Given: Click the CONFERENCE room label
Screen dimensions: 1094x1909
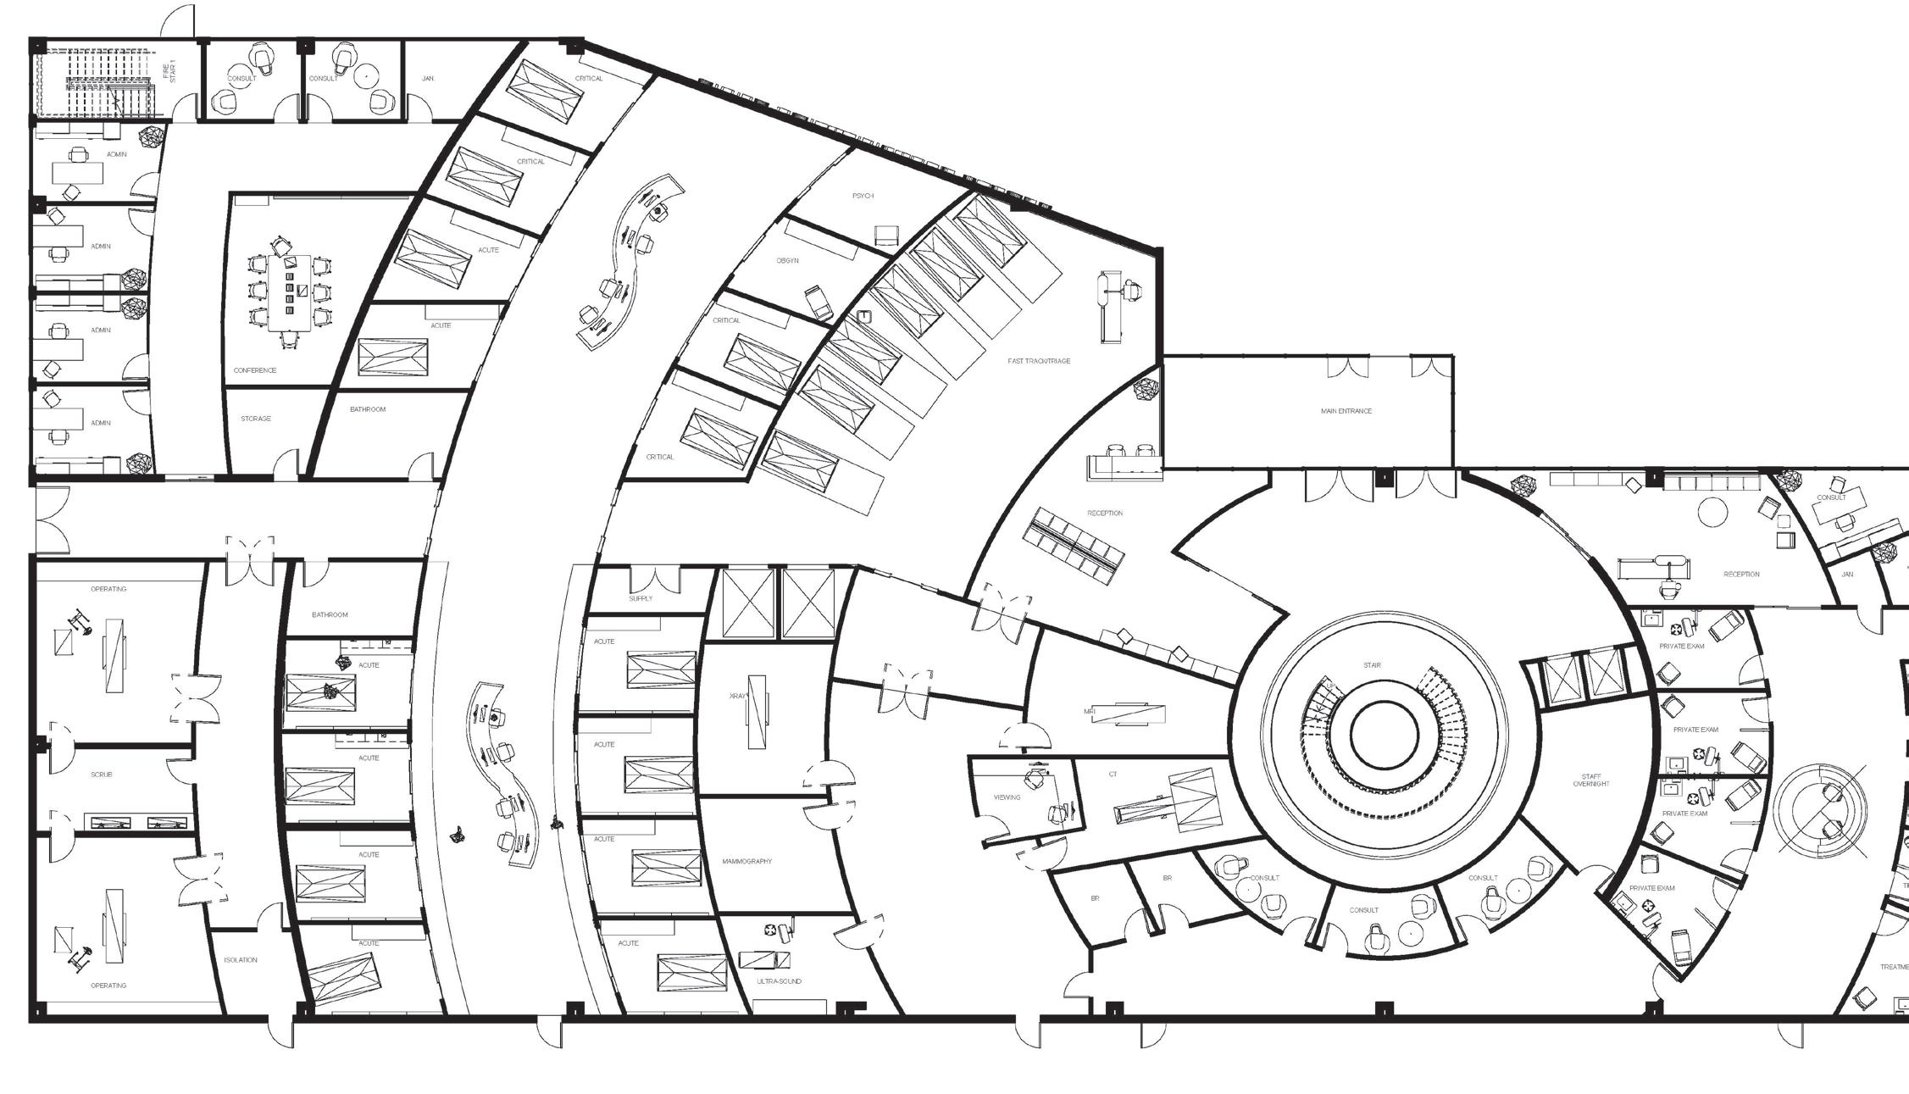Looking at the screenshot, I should pos(255,370).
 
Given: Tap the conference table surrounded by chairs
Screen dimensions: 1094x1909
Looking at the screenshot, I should pos(290,292).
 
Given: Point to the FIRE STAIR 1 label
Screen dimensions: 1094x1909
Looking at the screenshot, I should pos(169,72).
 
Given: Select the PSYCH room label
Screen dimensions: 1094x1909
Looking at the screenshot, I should pos(863,196).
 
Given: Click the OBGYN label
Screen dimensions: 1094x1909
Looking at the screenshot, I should pos(787,261).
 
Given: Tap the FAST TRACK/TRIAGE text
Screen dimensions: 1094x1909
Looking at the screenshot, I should pos(1039,361).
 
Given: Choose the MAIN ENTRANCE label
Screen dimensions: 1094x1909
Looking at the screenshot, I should pos(1346,411).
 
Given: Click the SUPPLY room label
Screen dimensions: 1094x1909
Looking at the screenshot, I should pos(641,598).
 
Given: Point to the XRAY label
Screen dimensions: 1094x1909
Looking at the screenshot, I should pos(737,697).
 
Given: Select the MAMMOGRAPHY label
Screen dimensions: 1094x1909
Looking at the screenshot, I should pos(746,861).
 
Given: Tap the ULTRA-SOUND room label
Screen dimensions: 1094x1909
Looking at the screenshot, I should pos(778,981).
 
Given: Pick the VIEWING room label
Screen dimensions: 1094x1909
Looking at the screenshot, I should pos(1007,797).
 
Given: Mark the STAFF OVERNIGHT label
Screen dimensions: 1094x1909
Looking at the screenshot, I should pos(1590,780).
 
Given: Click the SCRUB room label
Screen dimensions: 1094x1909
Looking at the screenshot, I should pos(101,775).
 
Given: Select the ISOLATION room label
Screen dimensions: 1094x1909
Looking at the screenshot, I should pos(240,960).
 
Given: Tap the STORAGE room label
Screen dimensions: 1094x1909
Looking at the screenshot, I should pos(255,419).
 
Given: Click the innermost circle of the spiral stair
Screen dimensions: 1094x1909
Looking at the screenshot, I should pos(1384,735).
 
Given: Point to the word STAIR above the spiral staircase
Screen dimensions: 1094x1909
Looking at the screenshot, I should pos(1372,665).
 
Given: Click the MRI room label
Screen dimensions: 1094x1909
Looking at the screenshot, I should pos(1090,712).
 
